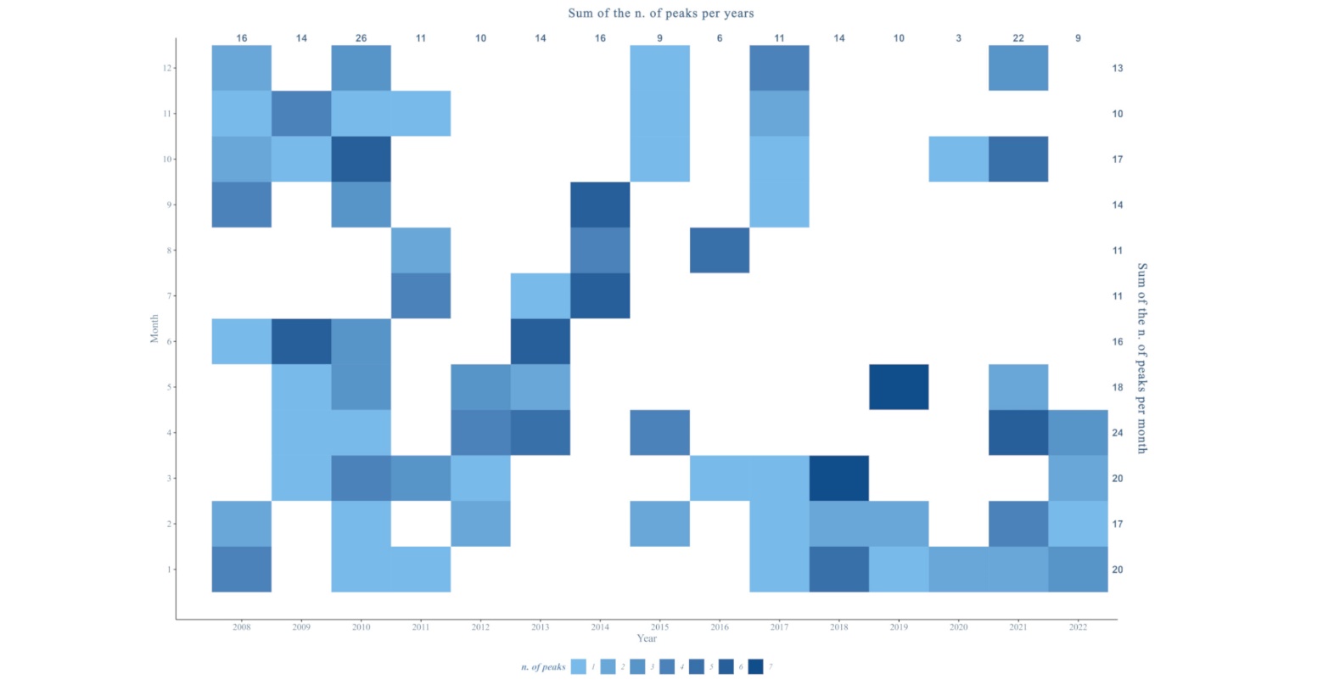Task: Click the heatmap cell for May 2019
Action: (899, 387)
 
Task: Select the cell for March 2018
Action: (838, 478)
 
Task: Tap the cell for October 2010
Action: (362, 159)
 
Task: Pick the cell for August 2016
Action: (720, 250)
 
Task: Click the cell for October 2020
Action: (958, 159)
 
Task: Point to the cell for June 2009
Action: (301, 341)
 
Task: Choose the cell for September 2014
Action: (600, 205)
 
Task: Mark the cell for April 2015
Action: (659, 432)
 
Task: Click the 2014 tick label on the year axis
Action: (600, 627)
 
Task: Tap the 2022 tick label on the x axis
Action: (1078, 627)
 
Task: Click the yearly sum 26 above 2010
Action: (362, 38)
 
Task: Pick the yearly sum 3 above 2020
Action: (958, 38)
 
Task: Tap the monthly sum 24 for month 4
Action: (1118, 433)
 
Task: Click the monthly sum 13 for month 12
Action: (1118, 68)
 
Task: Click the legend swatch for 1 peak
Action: (579, 667)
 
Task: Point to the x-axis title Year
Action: (647, 638)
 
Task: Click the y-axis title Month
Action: (154, 328)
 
